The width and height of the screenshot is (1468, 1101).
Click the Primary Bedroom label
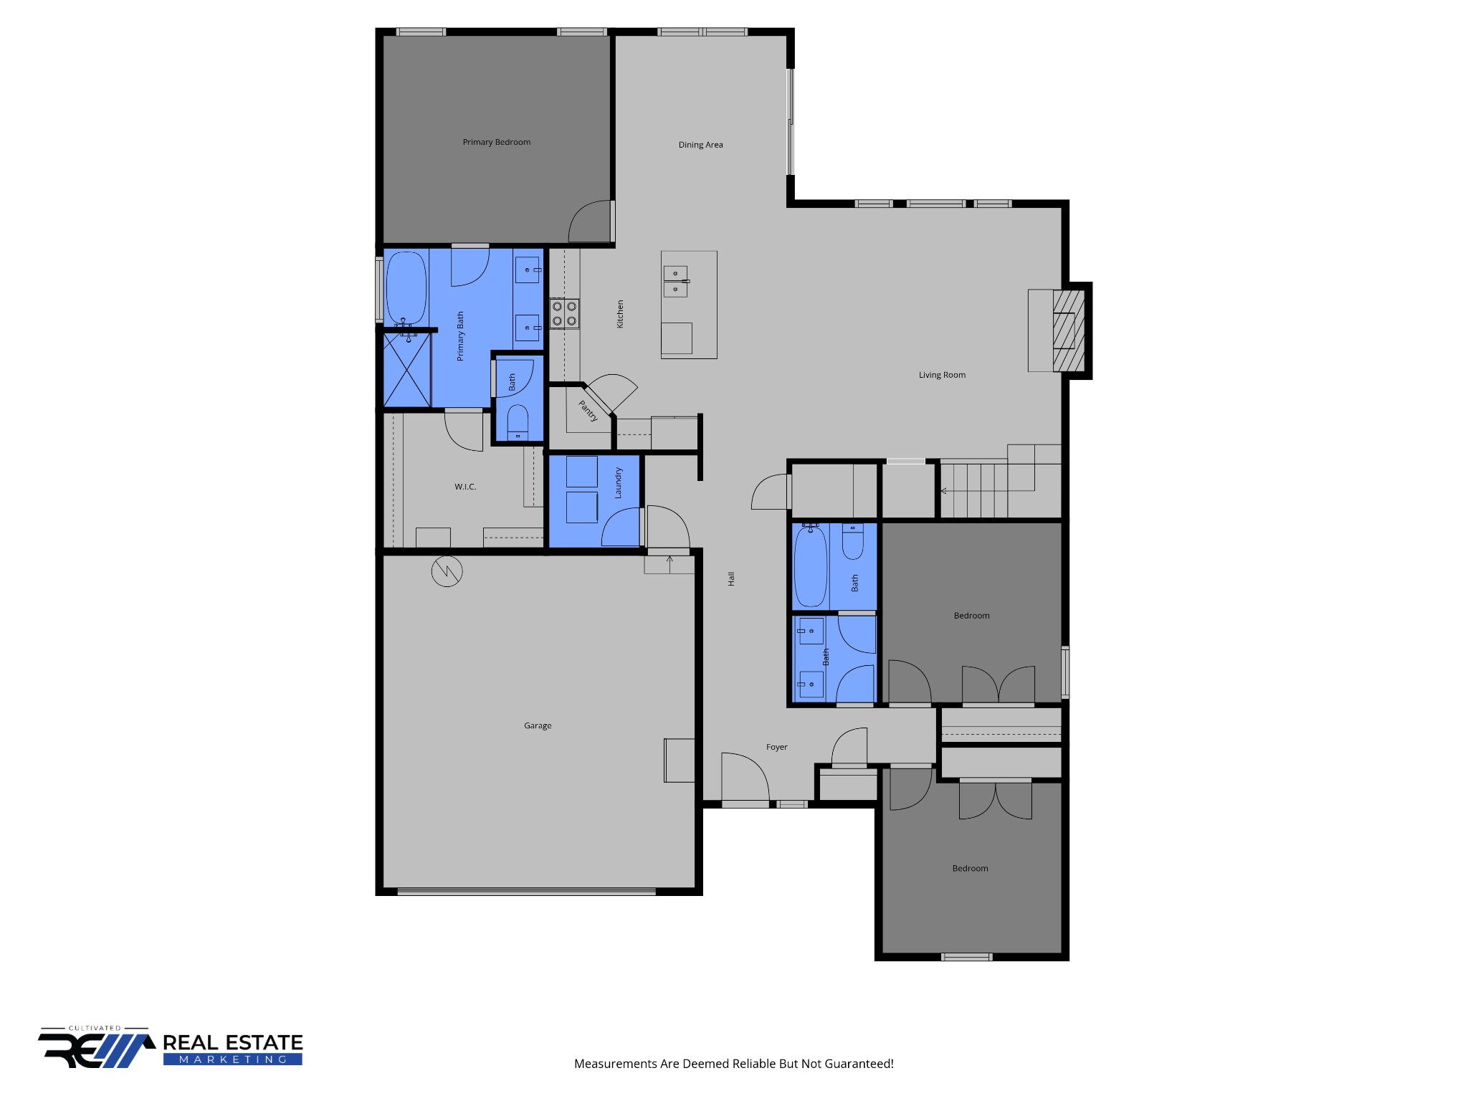(496, 142)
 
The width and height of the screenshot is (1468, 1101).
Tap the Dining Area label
(700, 145)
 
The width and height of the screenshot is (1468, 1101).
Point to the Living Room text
(942, 375)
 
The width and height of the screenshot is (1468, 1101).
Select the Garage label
(538, 725)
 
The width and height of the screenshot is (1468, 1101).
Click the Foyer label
(776, 747)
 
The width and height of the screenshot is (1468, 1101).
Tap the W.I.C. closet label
(465, 487)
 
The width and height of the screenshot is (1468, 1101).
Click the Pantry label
(588, 411)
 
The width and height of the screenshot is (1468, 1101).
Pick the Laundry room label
(618, 482)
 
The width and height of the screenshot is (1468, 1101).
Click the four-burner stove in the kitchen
(564, 314)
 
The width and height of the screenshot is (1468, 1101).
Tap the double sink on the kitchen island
(676, 281)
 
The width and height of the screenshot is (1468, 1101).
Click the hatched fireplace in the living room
(1068, 330)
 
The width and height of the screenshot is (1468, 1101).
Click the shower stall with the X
(406, 371)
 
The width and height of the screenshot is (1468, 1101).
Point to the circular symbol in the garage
(447, 571)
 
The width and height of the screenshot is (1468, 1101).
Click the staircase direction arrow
(944, 491)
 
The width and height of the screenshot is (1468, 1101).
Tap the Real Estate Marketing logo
(171, 1049)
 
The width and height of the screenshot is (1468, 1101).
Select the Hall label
(731, 578)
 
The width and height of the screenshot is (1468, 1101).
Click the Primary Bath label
(460, 335)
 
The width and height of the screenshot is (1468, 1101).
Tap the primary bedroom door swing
(590, 221)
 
